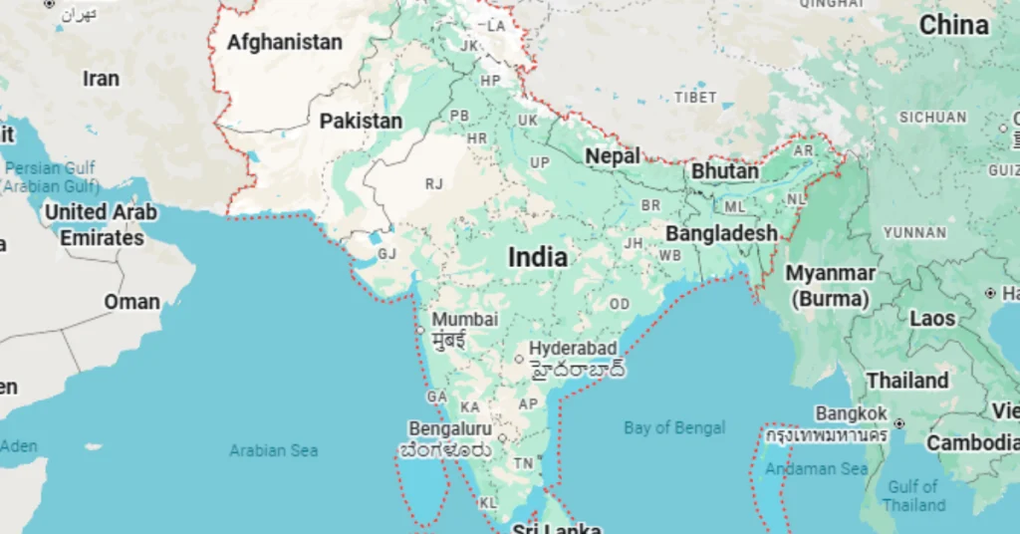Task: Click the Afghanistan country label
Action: [284, 43]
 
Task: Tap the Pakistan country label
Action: [361, 122]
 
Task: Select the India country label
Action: [538, 257]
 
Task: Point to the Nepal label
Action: [613, 156]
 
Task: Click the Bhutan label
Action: [725, 171]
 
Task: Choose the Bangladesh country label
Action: [721, 233]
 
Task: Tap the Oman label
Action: [132, 302]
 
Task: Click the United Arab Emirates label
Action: [102, 225]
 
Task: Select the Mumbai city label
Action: [464, 320]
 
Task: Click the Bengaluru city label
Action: [450, 428]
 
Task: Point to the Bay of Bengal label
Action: [674, 428]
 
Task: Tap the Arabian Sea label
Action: [274, 451]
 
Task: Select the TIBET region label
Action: [695, 98]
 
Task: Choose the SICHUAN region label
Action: [932, 118]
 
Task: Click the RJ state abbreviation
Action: [434, 183]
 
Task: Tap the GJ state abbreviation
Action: [386, 253]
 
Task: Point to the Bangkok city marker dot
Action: [899, 424]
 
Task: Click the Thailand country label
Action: [907, 381]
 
